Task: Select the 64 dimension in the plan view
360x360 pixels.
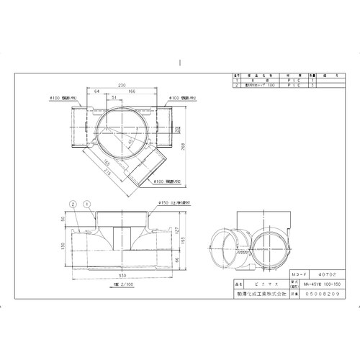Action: pos(96,92)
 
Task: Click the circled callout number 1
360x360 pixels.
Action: pos(86,204)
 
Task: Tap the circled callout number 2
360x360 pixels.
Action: pos(73,204)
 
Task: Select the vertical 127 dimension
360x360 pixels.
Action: pos(176,230)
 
